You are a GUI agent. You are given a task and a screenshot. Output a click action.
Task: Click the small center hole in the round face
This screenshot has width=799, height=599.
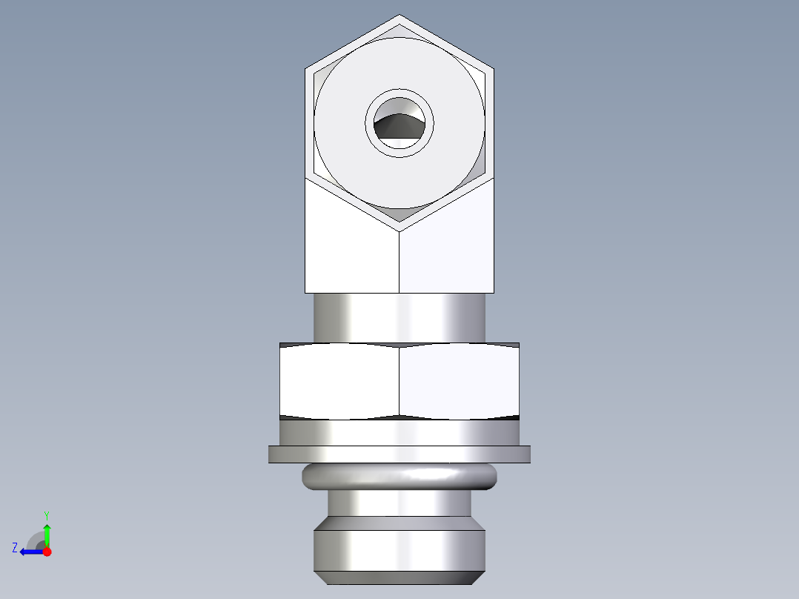coord(399,124)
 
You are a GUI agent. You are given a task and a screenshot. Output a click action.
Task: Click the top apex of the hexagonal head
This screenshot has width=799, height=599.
coord(399,16)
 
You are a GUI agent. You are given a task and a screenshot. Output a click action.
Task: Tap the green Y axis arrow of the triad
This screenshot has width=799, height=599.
coord(47,533)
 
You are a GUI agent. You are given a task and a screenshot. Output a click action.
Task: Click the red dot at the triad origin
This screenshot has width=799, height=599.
coord(47,552)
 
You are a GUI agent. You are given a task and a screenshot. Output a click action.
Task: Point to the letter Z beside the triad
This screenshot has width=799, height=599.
coord(15,547)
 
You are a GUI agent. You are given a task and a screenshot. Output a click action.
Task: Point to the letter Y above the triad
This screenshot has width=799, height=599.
coord(46,514)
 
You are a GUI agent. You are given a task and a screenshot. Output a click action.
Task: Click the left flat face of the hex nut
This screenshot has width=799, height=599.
coord(339,380)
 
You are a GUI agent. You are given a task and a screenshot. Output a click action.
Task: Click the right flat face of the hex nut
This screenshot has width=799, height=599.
coord(458,380)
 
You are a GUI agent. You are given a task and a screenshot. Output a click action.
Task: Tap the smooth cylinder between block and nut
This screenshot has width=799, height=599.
coord(399,317)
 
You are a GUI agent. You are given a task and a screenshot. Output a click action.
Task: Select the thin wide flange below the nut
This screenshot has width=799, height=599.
coord(399,454)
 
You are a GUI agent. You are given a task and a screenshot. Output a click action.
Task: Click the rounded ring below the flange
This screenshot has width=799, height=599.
coord(399,477)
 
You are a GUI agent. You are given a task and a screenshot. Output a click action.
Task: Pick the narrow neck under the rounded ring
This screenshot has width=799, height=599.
coord(399,504)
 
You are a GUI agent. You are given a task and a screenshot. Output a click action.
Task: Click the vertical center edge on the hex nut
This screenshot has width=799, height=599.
coord(399,380)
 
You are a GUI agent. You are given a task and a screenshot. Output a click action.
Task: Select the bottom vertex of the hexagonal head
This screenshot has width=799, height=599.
coord(399,231)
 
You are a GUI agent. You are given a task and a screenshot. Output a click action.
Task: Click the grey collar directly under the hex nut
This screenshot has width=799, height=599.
coord(399,432)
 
